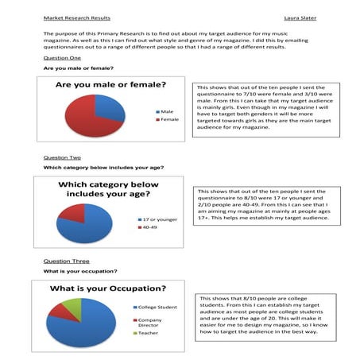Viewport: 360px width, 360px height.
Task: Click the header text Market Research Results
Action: pos(76,17)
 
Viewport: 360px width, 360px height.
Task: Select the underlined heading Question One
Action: pos(62,58)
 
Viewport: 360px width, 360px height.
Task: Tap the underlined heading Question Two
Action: pos(62,157)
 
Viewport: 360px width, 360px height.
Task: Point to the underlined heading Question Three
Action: pos(65,261)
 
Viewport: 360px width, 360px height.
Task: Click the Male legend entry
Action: pos(166,112)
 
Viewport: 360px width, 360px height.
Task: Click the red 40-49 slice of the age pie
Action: pos(72,212)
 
